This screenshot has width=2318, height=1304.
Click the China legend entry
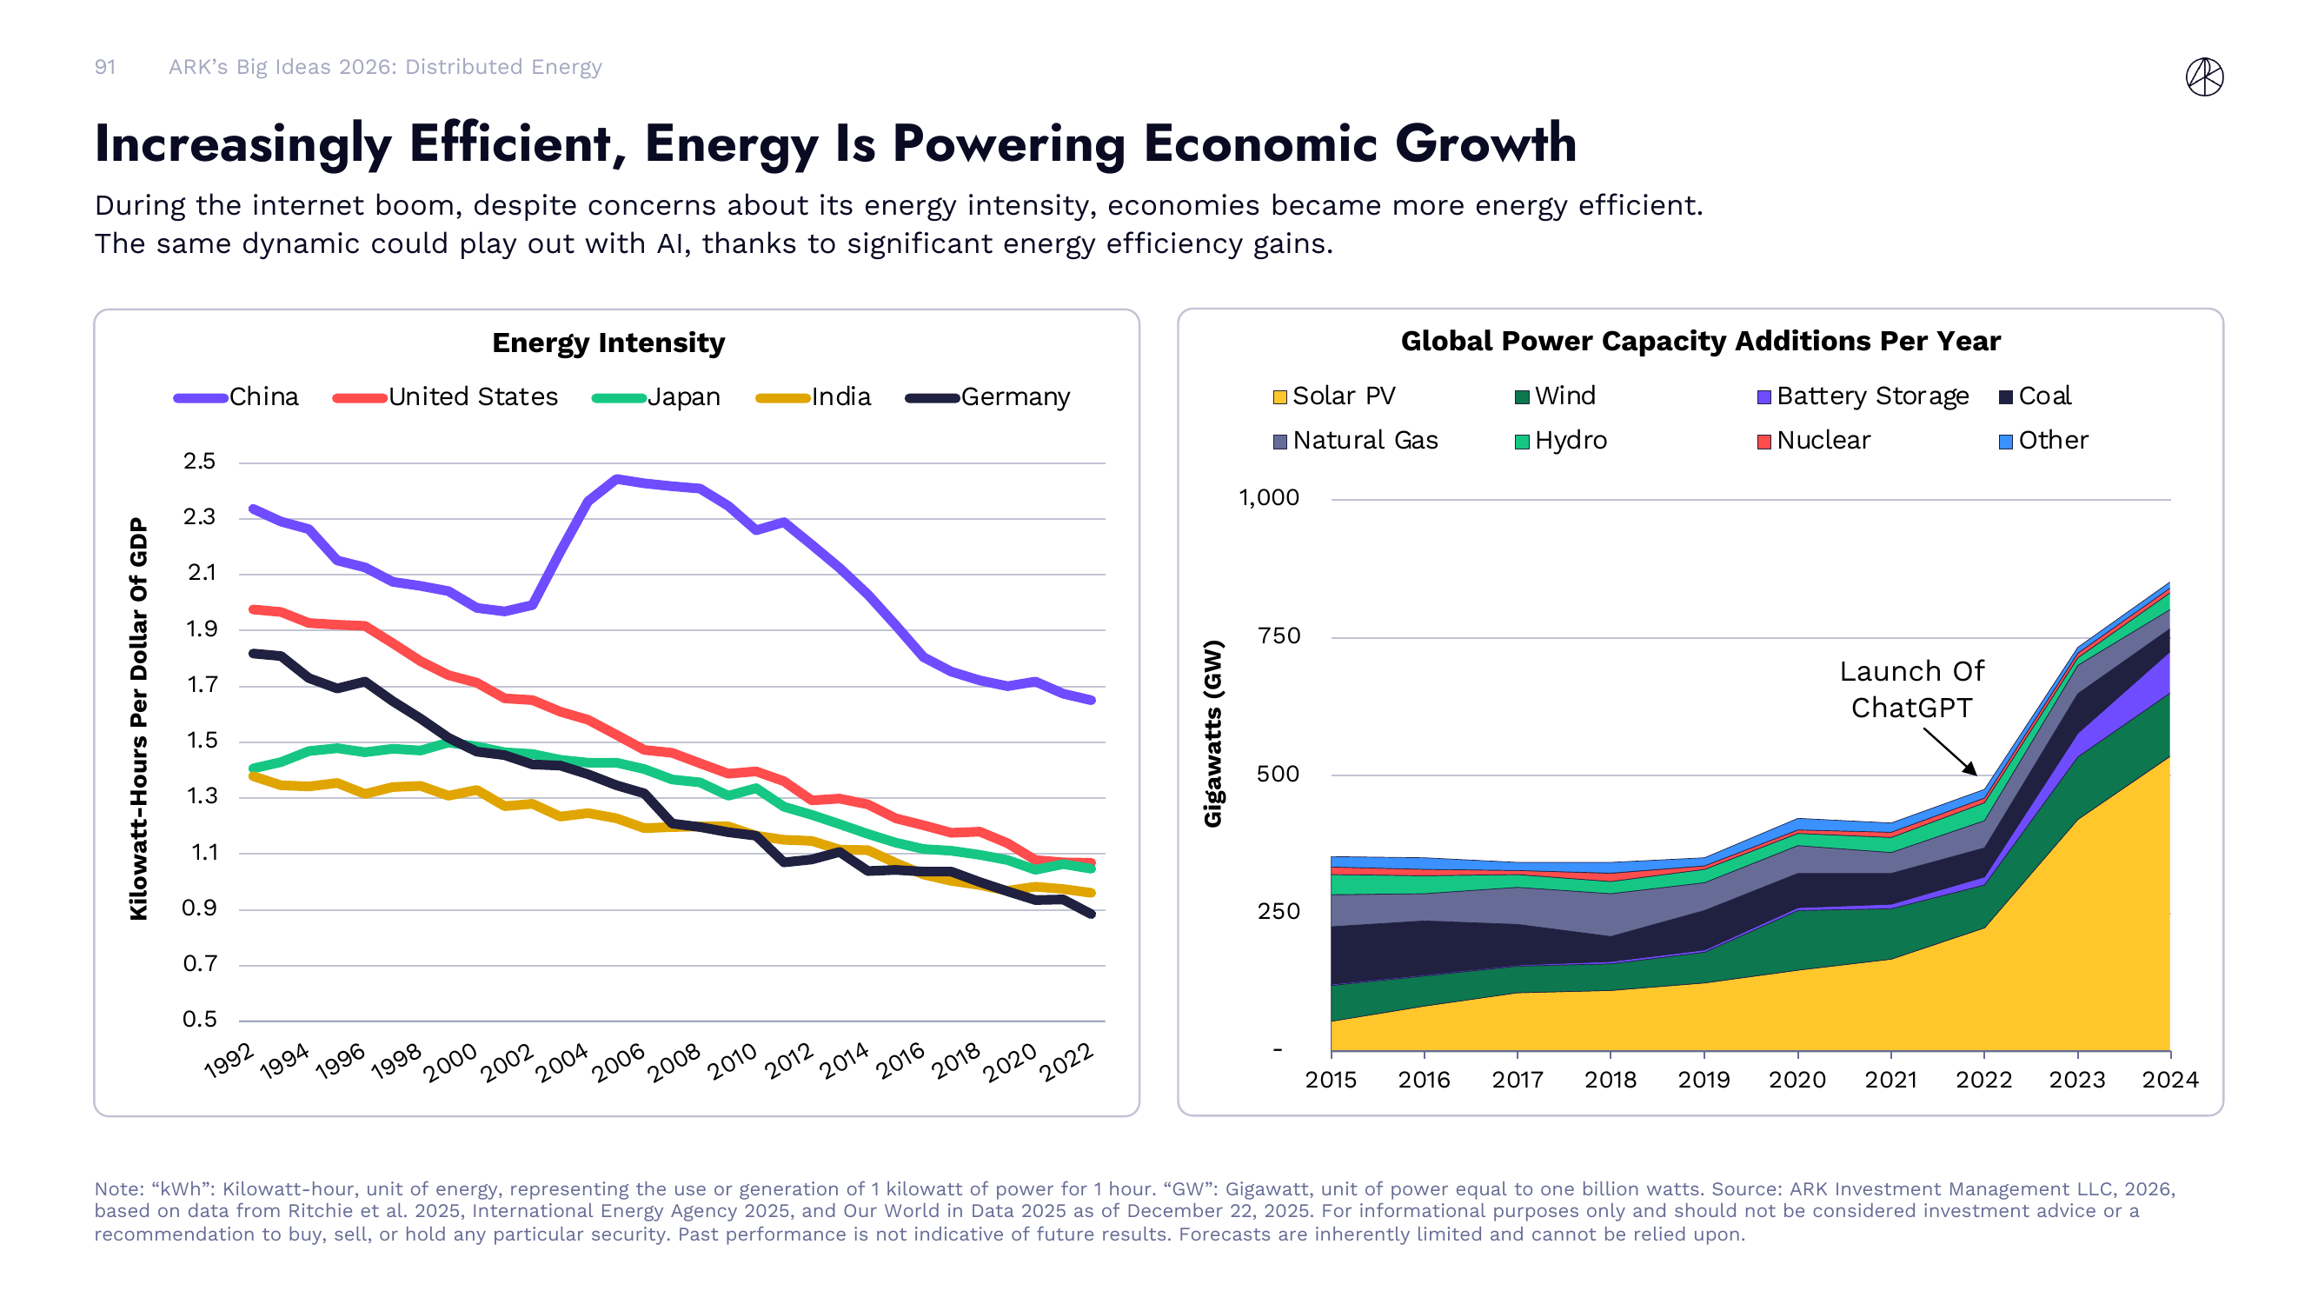(236, 397)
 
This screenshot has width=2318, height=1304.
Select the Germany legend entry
(988, 397)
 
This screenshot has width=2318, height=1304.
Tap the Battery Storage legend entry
(1862, 396)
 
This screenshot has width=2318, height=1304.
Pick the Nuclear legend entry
(1813, 440)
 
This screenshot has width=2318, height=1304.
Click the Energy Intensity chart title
(608, 343)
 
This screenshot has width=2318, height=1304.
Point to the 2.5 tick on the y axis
(200, 462)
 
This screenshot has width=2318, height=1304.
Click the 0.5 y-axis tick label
(200, 1019)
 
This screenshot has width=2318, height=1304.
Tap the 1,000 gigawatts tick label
(1269, 497)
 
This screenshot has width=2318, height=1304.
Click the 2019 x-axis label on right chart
(1704, 1079)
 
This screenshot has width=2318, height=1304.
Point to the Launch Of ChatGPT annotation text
(1911, 689)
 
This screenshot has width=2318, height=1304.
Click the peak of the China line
(616, 479)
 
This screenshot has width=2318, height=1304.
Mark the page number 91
(105, 67)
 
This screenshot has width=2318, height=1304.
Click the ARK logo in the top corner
(2204, 77)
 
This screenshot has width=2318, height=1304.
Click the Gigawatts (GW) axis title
(1213, 733)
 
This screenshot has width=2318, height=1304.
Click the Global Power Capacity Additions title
(1700, 341)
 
